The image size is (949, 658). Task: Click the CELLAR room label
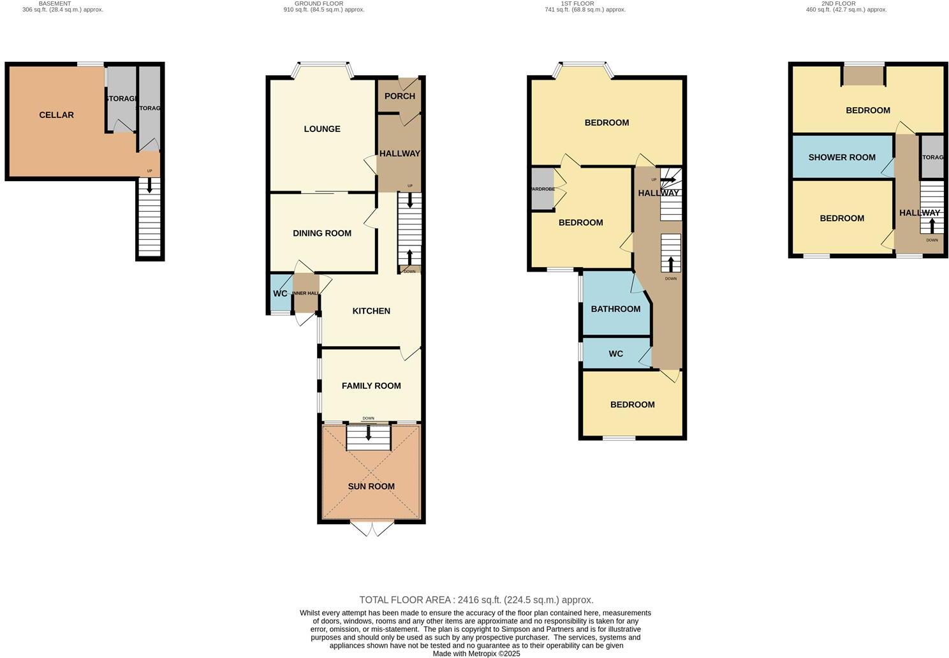[56, 115]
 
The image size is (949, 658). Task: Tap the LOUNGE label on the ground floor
[322, 129]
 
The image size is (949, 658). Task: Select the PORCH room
[400, 96]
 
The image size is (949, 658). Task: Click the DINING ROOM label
[322, 233]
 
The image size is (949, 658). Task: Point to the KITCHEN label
[371, 311]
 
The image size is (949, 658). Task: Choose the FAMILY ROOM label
[371, 386]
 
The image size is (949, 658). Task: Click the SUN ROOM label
[371, 486]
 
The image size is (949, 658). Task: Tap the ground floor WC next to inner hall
[280, 294]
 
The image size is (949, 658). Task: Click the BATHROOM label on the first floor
[615, 309]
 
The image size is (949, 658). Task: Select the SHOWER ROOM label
[842, 157]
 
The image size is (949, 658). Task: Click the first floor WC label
[615, 354]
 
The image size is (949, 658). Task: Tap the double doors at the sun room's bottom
[372, 528]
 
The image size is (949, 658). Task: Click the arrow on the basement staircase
[150, 186]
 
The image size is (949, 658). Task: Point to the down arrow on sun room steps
[368, 433]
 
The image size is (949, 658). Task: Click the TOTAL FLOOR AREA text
[476, 600]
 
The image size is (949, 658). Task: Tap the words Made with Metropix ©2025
[476, 654]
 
